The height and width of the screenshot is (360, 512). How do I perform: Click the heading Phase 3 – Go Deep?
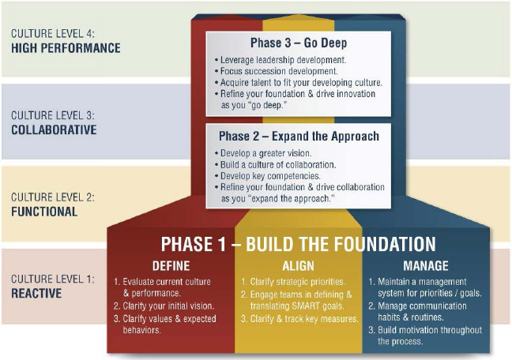299,43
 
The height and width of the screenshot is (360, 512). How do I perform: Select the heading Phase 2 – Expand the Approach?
299,136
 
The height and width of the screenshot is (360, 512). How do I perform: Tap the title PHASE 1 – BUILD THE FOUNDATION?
298,244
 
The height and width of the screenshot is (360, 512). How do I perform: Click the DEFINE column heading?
171,266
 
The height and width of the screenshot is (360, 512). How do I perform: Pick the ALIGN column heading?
298,266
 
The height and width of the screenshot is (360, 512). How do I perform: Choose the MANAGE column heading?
425,266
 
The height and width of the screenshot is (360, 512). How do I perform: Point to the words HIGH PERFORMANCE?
66,48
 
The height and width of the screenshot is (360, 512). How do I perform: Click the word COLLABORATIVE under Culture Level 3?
54,129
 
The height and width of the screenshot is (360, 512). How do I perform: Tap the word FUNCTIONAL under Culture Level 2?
44,212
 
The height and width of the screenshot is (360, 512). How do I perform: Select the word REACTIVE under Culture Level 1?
36,293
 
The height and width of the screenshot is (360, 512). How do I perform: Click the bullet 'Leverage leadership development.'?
280,60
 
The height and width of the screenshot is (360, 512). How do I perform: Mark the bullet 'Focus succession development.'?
277,71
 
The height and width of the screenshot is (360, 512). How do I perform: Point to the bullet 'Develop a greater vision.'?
263,153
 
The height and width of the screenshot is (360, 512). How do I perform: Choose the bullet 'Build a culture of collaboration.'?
275,164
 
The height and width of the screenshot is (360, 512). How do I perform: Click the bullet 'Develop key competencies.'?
267,176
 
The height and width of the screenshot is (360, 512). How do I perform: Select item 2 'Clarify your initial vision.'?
164,306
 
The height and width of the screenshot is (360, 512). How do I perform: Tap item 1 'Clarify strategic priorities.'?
293,282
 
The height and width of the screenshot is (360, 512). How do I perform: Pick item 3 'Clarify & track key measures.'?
299,318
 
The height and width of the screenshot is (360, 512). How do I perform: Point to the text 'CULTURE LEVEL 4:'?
53,34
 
